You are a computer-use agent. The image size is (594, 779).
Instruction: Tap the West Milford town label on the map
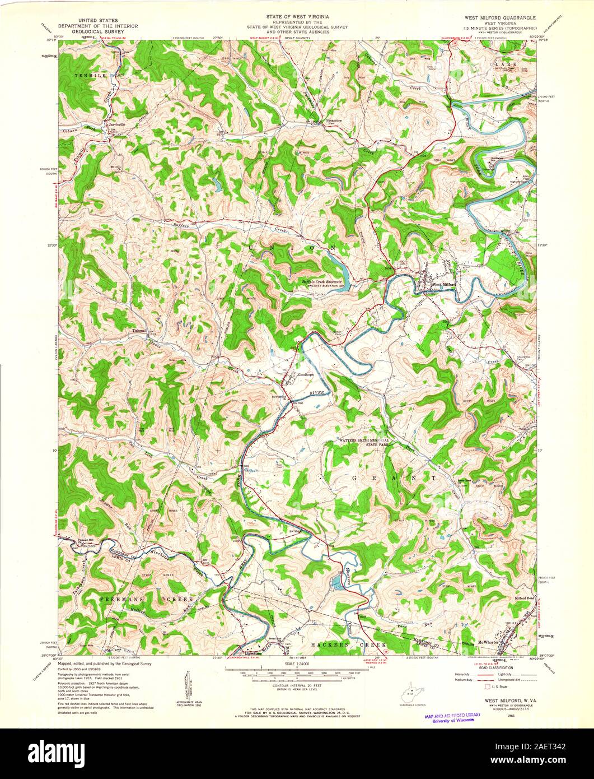pyautogui.click(x=445, y=285)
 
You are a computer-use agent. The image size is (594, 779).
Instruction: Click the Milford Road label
pyautogui.click(x=526, y=598)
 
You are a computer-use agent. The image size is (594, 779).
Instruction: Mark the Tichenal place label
pyautogui.click(x=139, y=330)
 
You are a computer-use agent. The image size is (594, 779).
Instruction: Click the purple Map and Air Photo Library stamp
pyautogui.click(x=452, y=718)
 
